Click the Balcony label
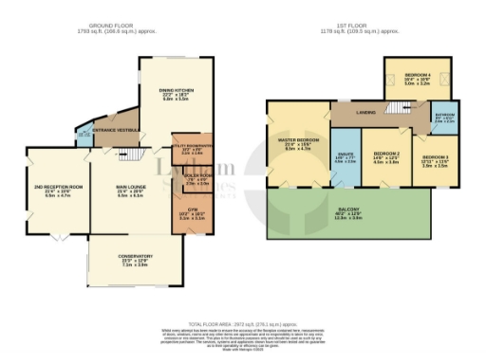pyautogui.click(x=364, y=213)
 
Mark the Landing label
pyautogui.click(x=364, y=112)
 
